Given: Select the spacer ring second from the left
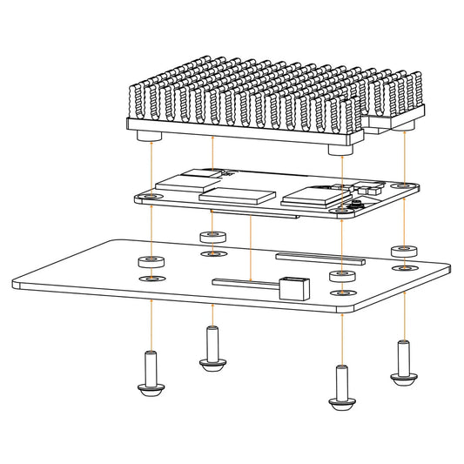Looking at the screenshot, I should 212,236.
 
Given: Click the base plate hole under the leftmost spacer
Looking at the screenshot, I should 152,279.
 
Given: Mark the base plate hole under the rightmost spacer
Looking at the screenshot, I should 401,268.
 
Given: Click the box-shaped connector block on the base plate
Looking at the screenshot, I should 293,286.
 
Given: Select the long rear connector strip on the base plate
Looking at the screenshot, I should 319,257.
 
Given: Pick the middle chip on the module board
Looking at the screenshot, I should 239,194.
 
